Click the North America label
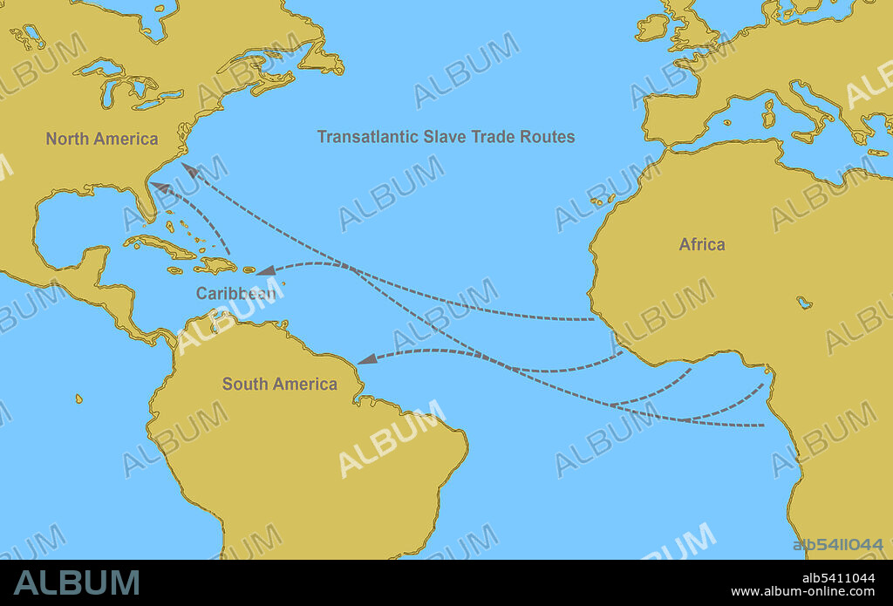(102, 139)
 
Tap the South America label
(279, 384)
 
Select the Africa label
(702, 244)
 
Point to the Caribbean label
(235, 293)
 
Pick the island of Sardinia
(768, 112)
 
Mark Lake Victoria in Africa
(804, 303)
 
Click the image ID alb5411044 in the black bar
(838, 578)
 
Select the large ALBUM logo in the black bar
(77, 583)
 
